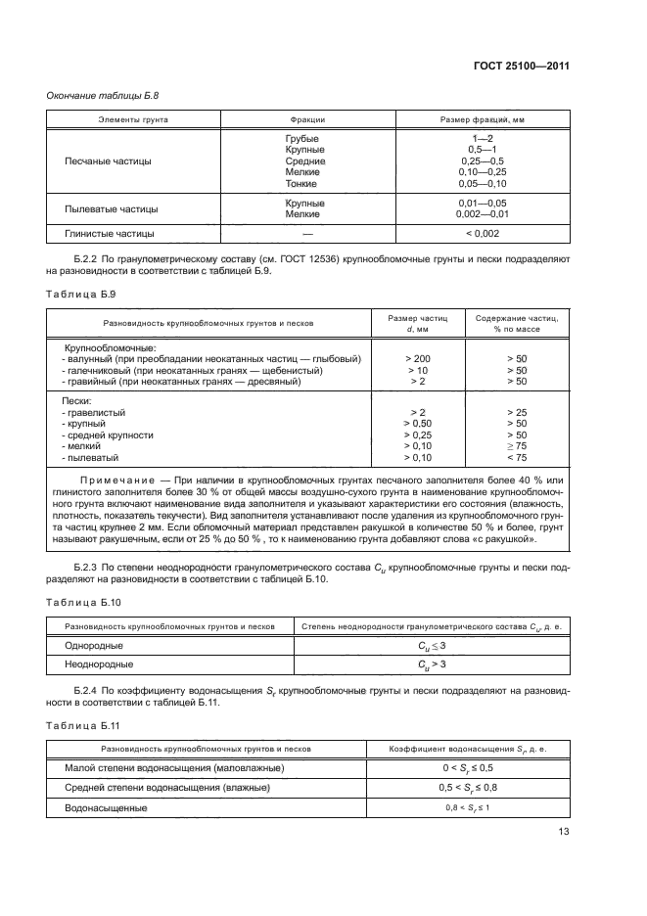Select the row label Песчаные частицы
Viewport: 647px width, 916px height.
(x=108, y=160)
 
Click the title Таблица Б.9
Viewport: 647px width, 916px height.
(x=74, y=292)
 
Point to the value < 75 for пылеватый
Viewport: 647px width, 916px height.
(x=517, y=457)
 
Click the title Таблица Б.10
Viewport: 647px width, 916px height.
(x=76, y=604)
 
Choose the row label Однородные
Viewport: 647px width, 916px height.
(x=93, y=646)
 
